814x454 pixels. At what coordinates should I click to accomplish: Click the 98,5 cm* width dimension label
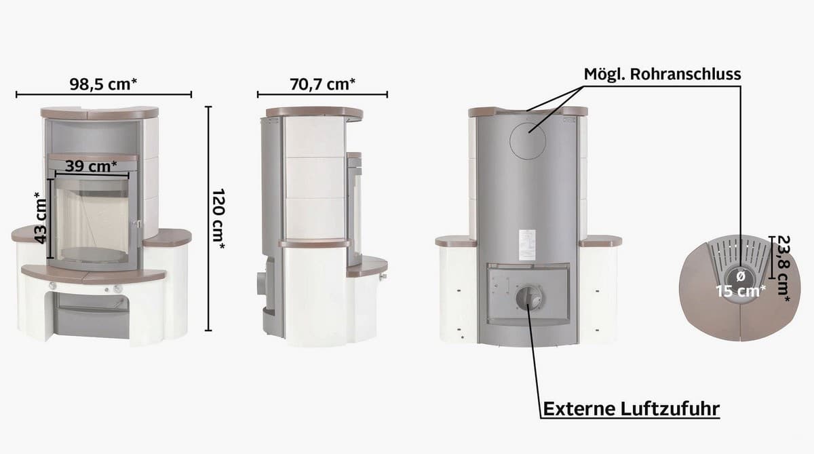(104, 84)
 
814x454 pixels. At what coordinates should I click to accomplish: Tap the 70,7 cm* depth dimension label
(322, 84)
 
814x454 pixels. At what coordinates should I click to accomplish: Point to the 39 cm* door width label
(91, 166)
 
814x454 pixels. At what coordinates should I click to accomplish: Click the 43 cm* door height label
(41, 218)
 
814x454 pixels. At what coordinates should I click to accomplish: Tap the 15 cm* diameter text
(741, 291)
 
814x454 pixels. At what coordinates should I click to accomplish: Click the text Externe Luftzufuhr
(632, 409)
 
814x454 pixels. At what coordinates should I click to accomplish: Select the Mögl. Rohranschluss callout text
(662, 74)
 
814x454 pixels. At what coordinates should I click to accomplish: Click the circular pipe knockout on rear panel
(528, 140)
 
